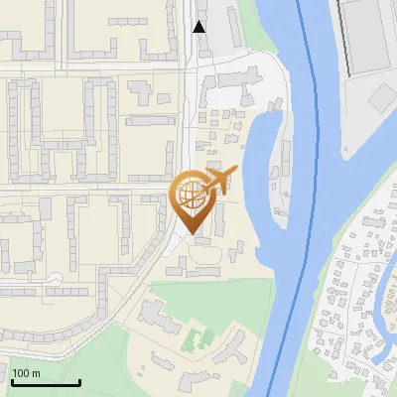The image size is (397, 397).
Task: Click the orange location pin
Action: coord(194,198)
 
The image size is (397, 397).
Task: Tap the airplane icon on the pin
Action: coord(219,177)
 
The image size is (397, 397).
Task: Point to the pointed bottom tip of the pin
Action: coord(194,230)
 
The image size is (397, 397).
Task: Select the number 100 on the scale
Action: coord(21,373)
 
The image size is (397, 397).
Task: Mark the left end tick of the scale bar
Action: coord(12,381)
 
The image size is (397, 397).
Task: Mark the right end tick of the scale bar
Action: coord(79,381)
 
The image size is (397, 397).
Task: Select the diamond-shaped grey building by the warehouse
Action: coord(383,97)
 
